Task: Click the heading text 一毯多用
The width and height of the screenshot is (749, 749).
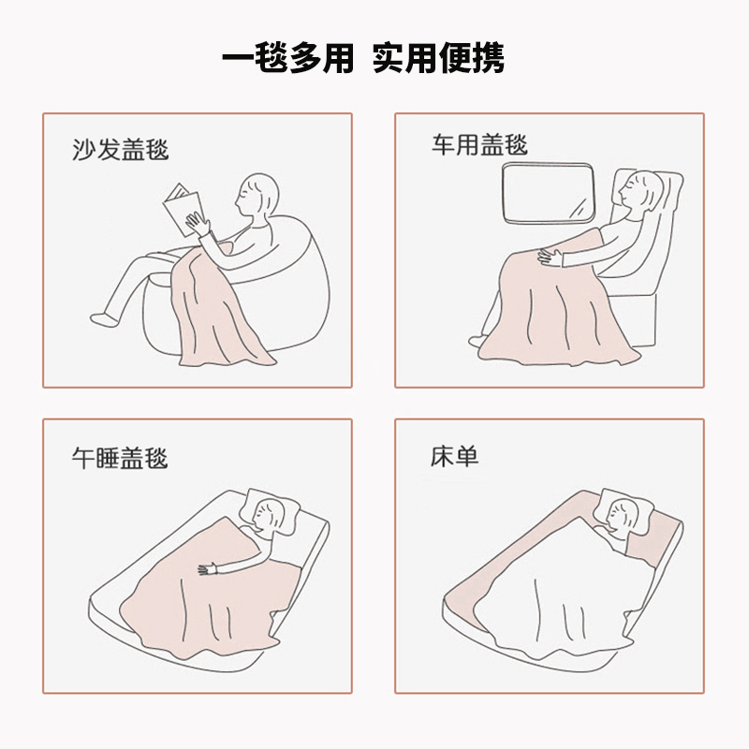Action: [x=287, y=58]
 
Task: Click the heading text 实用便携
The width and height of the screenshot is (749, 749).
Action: [x=438, y=58]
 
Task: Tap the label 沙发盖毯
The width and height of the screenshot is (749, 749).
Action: [x=121, y=149]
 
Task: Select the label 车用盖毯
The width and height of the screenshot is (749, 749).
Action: [x=479, y=145]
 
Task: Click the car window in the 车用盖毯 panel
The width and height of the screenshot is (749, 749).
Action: [x=551, y=194]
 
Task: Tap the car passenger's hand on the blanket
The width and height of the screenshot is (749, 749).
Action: [x=547, y=257]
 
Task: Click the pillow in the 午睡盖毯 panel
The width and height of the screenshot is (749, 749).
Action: [x=273, y=510]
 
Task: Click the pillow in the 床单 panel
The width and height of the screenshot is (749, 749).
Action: [x=625, y=509]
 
